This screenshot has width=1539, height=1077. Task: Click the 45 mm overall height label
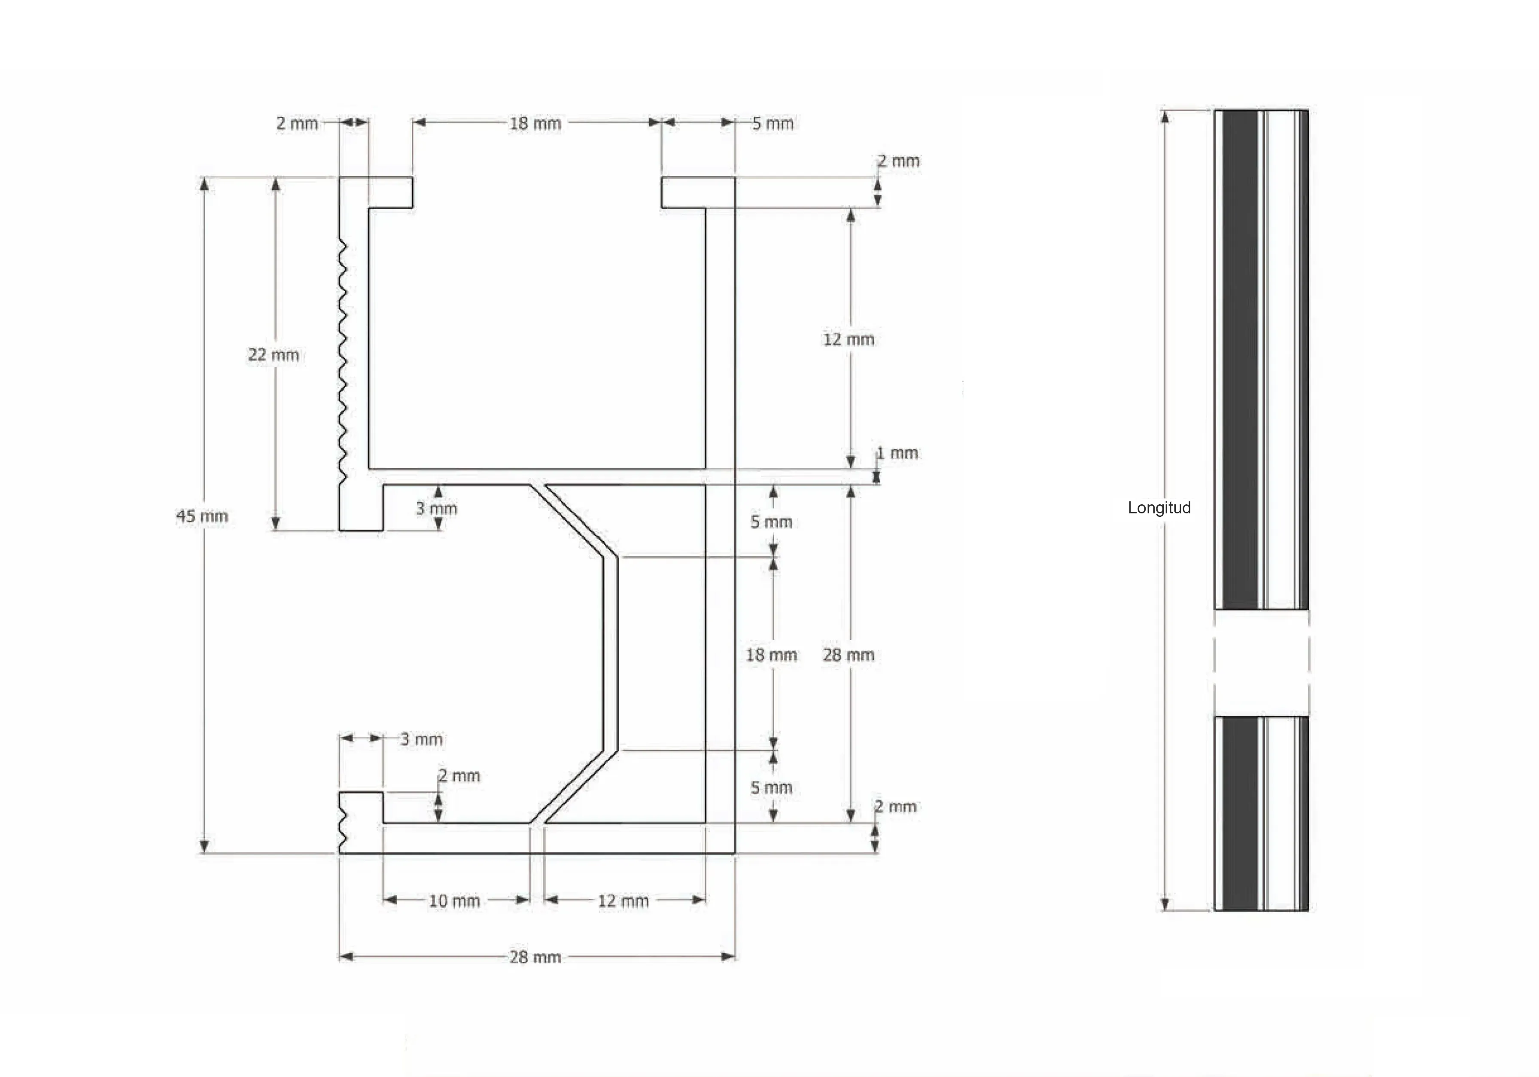[x=202, y=516]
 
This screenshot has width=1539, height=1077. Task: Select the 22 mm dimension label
[x=274, y=355]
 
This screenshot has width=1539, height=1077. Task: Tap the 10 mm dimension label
[x=454, y=900]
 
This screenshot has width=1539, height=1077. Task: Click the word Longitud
[x=1159, y=508]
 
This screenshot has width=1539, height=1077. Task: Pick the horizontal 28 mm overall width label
[x=535, y=957]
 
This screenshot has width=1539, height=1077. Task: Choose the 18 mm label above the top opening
[x=535, y=123]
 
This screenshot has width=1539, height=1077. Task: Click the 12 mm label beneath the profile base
[x=624, y=900]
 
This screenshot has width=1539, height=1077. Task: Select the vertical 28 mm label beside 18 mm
[x=849, y=655]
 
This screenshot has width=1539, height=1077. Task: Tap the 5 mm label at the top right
[x=773, y=123]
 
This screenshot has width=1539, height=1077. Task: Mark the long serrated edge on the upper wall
[x=343, y=362]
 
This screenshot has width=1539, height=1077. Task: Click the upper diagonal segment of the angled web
[x=573, y=520]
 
